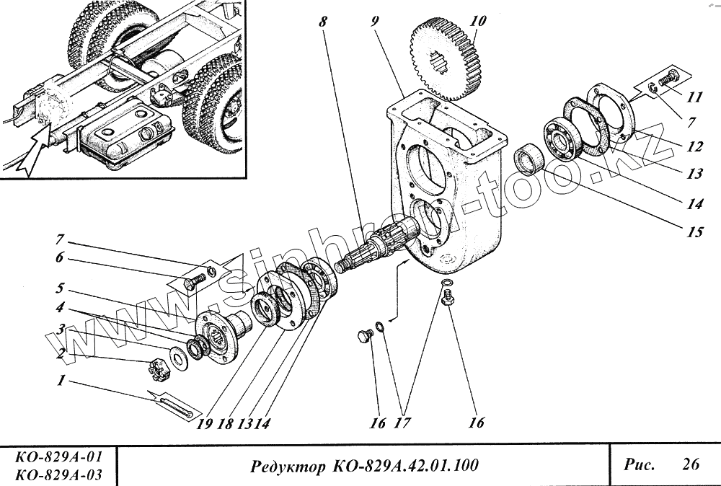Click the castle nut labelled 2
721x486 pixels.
pos(159,371)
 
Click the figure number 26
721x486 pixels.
pos(690,464)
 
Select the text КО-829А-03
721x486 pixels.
pos(57,474)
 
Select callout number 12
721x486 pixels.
pos(694,146)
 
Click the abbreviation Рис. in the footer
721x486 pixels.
pos(639,464)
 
